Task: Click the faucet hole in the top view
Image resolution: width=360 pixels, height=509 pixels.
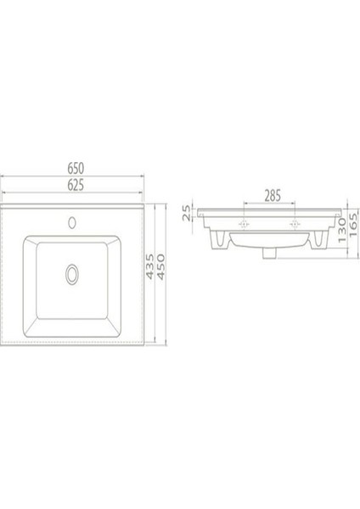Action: tap(72, 224)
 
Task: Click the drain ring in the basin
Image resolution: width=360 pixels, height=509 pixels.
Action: tap(72, 273)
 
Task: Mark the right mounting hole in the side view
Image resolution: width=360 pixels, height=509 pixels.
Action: tap(295, 225)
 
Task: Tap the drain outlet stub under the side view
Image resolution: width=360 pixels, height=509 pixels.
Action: tap(271, 252)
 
